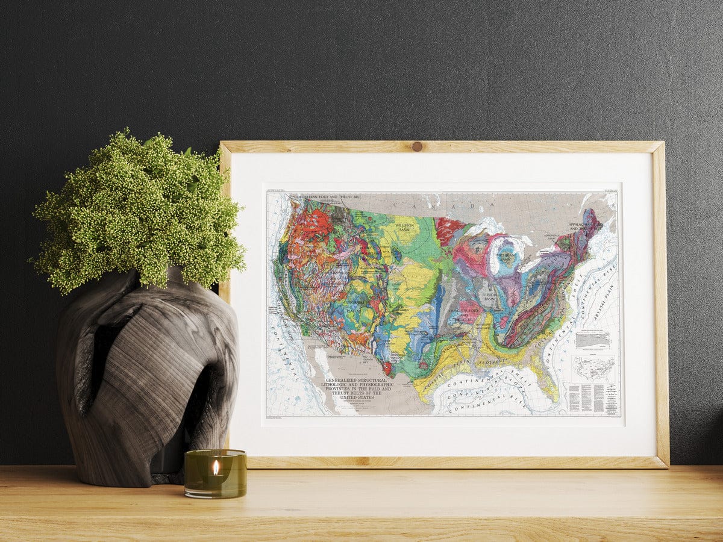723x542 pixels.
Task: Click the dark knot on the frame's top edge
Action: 416,146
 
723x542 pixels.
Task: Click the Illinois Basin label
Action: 490,296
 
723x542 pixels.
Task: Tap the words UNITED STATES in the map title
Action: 357,397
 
